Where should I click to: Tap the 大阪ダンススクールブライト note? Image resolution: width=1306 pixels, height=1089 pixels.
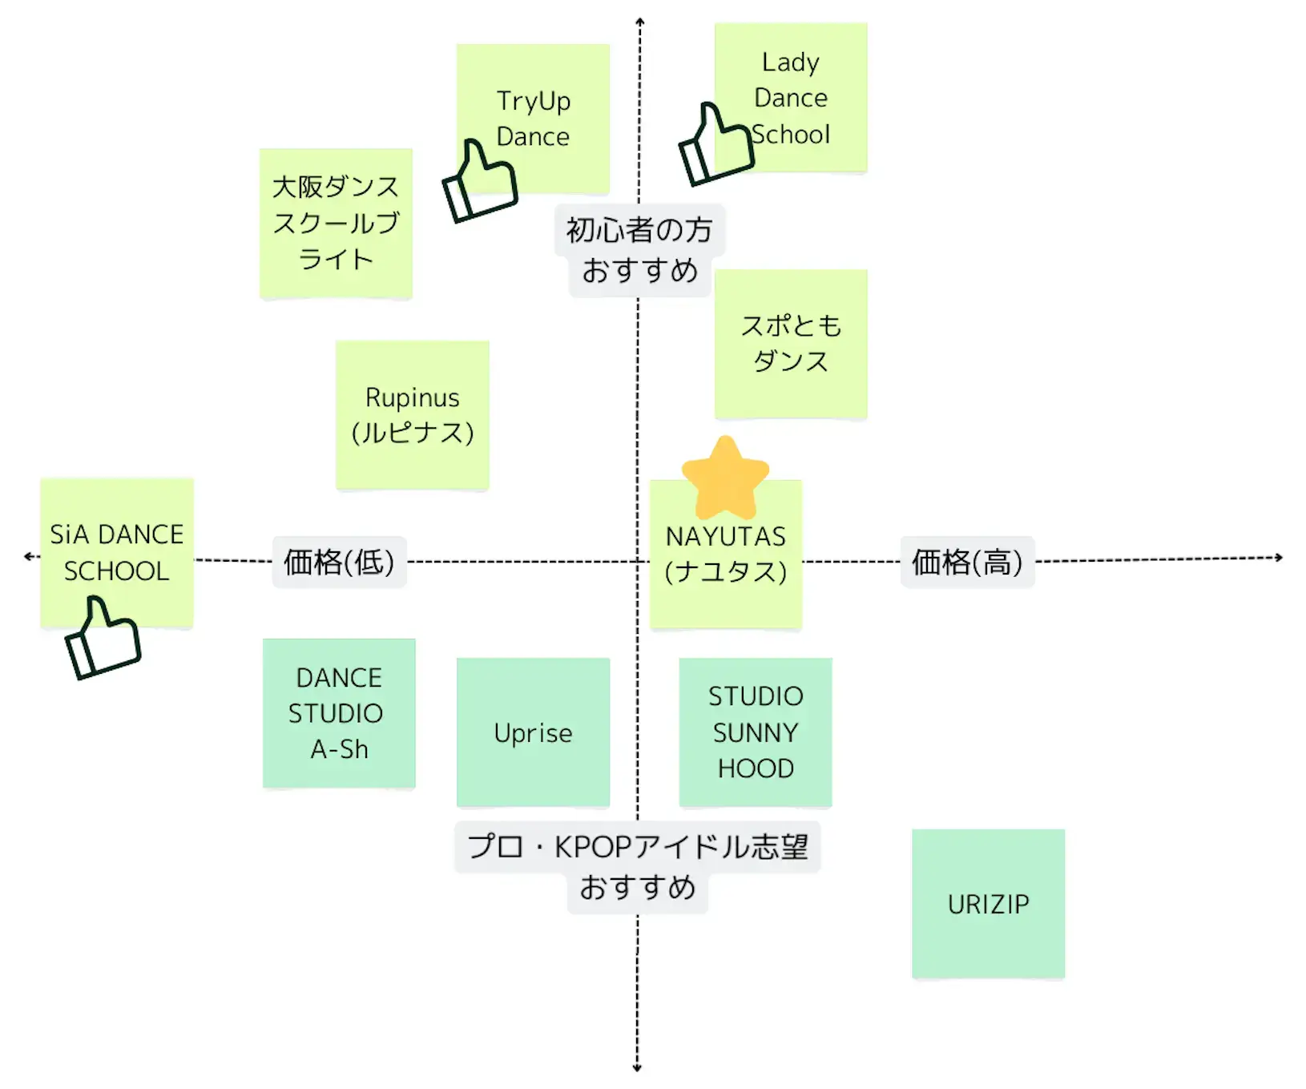click(336, 223)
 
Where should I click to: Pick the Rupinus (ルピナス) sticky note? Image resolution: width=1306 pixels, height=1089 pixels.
click(412, 414)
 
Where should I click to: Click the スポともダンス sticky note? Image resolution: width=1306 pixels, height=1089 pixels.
click(791, 343)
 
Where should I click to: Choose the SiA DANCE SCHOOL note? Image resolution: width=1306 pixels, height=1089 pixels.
click(117, 545)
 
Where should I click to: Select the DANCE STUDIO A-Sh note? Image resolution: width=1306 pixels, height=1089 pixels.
click(339, 713)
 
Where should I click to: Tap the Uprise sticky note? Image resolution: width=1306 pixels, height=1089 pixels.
click(533, 732)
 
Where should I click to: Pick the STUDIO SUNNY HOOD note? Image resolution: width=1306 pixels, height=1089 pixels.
click(756, 732)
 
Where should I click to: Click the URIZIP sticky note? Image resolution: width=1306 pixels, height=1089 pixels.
click(988, 904)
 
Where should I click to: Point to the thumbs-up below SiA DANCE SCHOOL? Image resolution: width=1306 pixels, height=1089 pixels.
click(103, 639)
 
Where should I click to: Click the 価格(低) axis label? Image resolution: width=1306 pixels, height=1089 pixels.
click(339, 562)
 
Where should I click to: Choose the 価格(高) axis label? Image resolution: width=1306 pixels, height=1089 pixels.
click(967, 562)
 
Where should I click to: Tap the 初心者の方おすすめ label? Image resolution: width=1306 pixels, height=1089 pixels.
click(639, 250)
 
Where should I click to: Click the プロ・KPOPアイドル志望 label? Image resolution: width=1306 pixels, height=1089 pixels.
click(638, 847)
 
